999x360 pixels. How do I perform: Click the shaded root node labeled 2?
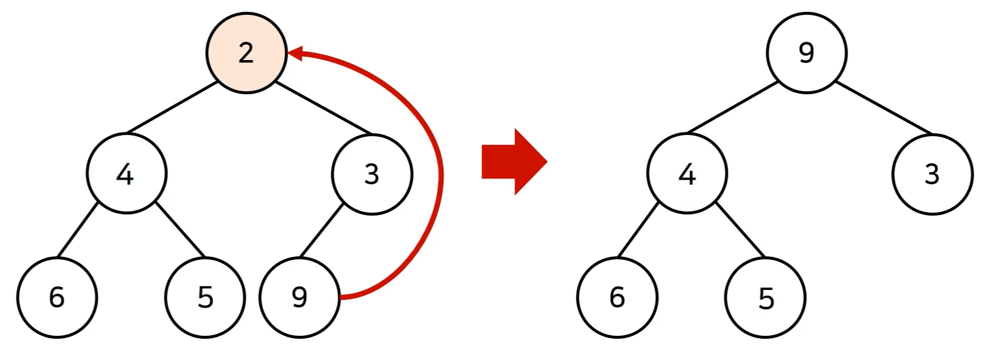click(246, 53)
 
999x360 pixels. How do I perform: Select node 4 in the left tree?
click(127, 174)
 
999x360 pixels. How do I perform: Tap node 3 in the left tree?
click(372, 174)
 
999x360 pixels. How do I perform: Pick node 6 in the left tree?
click(57, 297)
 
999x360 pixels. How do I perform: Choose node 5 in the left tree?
click(205, 297)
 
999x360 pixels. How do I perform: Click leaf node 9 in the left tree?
click(299, 297)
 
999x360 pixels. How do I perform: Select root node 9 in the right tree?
click(806, 53)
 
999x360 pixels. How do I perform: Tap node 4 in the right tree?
click(687, 174)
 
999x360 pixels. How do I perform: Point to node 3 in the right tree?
click(932, 174)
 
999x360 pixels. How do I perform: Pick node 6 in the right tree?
click(617, 297)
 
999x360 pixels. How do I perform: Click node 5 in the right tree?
click(765, 297)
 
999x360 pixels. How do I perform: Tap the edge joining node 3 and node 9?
click(322, 230)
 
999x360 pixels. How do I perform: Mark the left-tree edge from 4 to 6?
click(78, 230)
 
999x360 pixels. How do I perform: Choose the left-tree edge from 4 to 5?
click(181, 230)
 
